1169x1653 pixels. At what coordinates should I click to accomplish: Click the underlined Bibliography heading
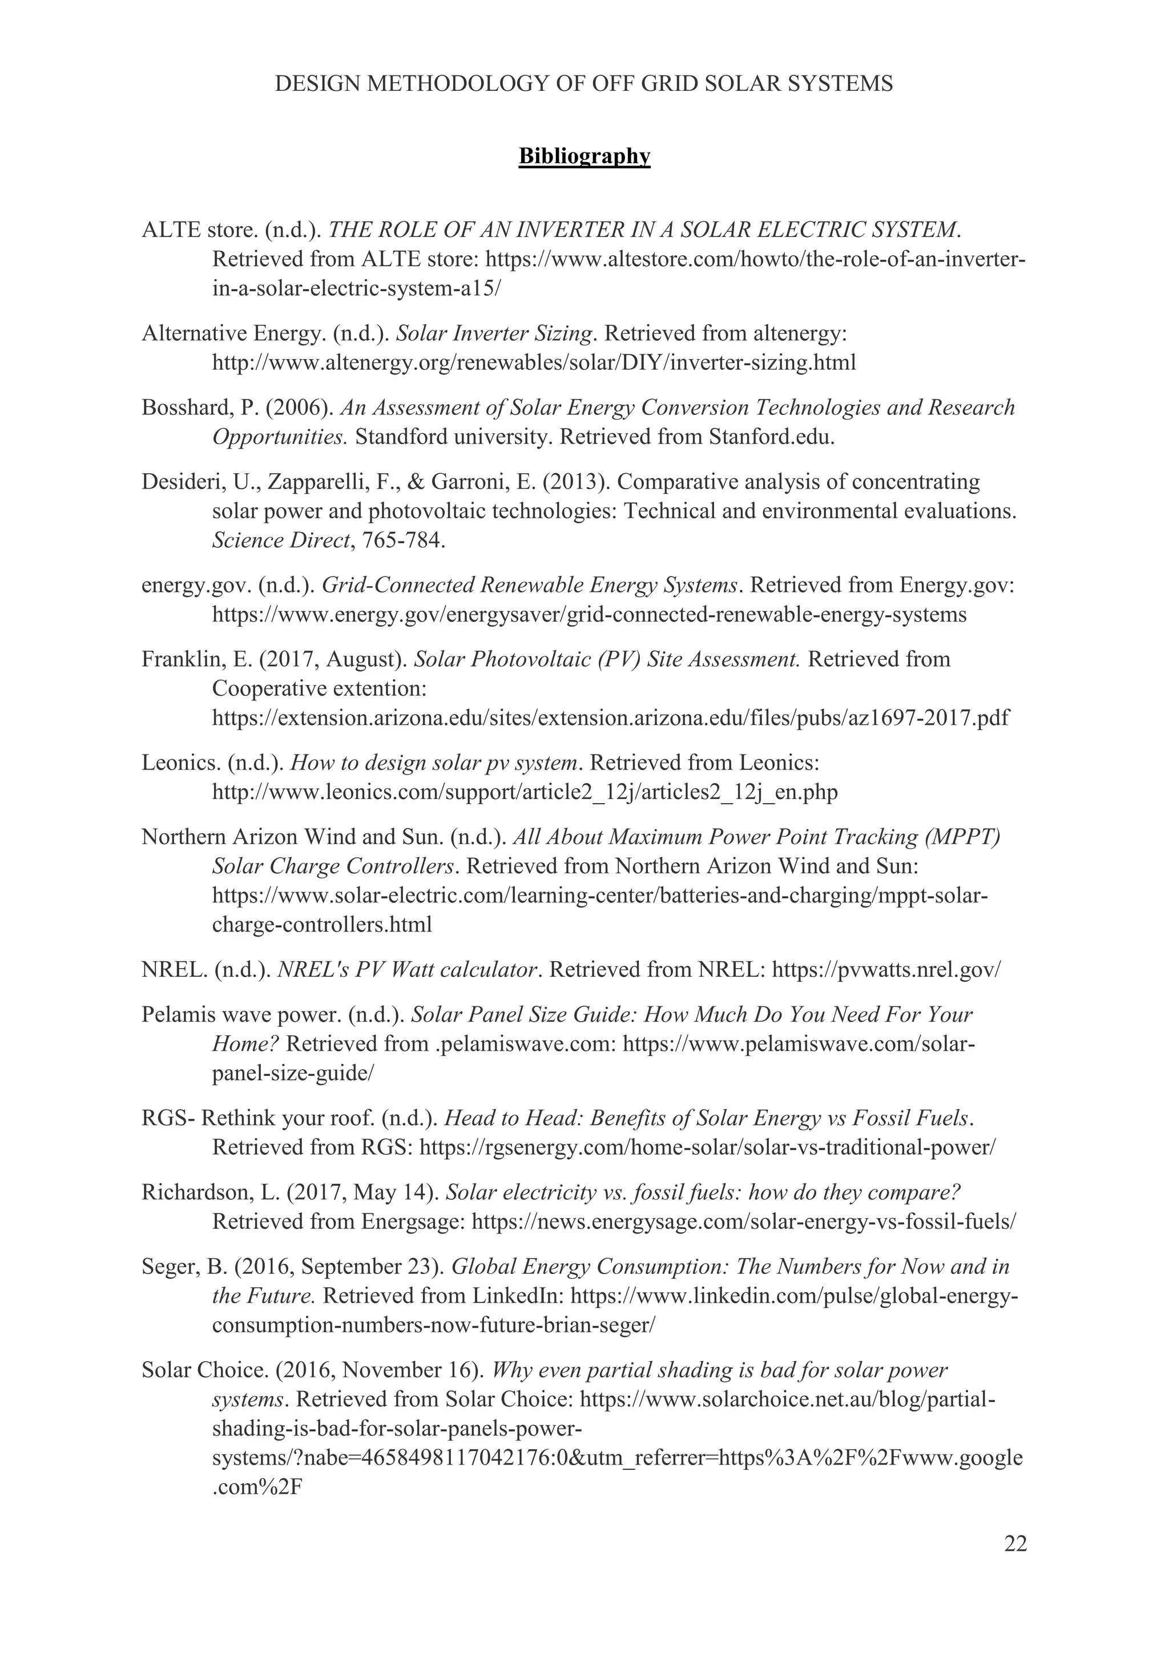pos(584,156)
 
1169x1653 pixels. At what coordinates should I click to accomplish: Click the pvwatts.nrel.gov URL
pos(885,970)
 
